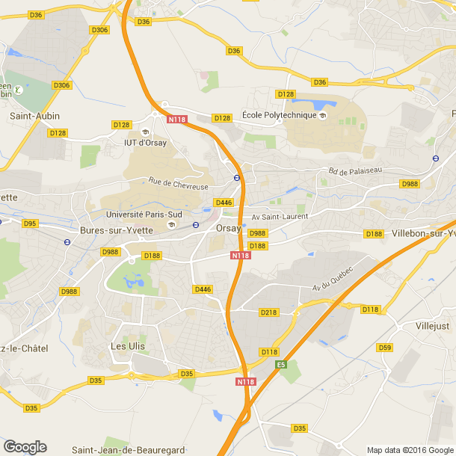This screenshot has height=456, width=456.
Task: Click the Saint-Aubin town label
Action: (34, 116)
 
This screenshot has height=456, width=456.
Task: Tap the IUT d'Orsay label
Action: (145, 143)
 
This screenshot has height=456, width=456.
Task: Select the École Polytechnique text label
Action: (278, 116)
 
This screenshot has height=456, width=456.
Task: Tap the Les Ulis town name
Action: (128, 346)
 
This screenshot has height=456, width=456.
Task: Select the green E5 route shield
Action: (281, 364)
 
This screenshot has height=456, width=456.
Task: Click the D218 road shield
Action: (268, 312)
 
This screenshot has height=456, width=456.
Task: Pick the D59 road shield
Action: (385, 347)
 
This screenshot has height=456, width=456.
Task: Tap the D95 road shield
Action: (30, 224)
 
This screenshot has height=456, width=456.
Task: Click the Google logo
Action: (25, 447)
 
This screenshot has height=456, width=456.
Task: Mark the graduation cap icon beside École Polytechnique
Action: (322, 116)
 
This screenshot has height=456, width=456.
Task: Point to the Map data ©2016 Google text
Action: (410, 450)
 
